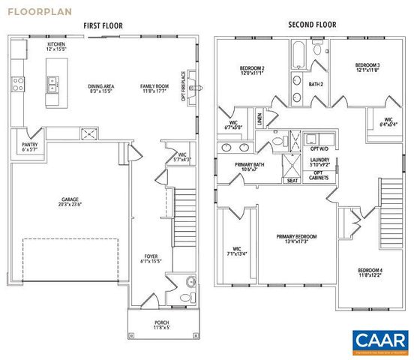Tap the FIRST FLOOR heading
pos(103,26)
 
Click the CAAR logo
pos(379,340)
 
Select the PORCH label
pos(163,325)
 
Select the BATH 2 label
pos(316,84)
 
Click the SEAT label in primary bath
pos(291,180)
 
